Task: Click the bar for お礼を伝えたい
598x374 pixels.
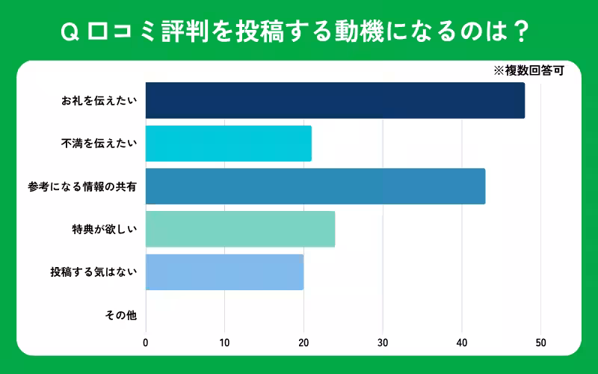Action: (x=335, y=101)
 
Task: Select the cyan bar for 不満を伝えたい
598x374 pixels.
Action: (x=228, y=144)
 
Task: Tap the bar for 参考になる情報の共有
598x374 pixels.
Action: (x=315, y=186)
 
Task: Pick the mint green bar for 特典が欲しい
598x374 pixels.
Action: (x=240, y=229)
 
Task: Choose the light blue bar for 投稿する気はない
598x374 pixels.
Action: (x=224, y=272)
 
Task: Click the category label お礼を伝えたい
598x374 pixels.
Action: (x=99, y=101)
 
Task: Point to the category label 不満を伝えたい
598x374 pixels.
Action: (x=99, y=144)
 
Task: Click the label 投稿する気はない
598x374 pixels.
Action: (x=93, y=272)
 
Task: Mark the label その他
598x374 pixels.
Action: (x=121, y=315)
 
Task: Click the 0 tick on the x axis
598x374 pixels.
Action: (x=146, y=343)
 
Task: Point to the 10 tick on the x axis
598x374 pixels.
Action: (x=224, y=343)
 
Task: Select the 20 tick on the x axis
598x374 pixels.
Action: (x=303, y=343)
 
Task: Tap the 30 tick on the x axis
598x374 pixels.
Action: (x=383, y=343)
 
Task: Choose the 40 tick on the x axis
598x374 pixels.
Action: (x=462, y=343)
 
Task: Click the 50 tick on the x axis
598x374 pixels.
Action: (x=540, y=343)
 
